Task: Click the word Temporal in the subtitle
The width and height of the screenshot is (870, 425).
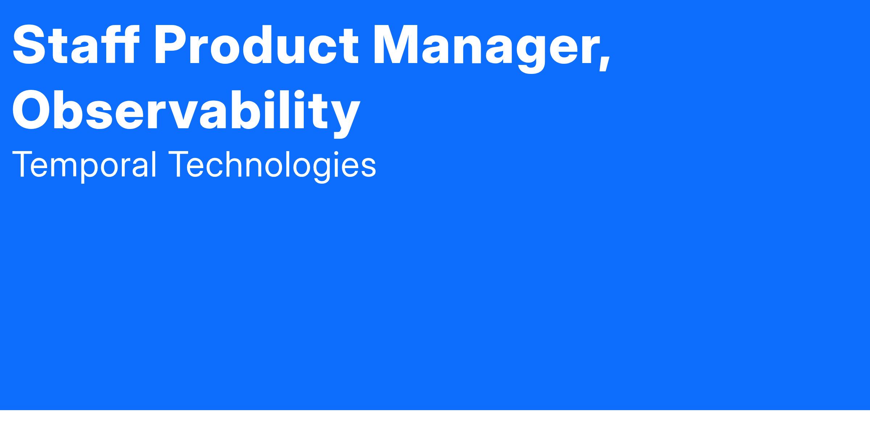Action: click(x=84, y=165)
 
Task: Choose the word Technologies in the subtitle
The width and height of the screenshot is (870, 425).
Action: click(x=272, y=165)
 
